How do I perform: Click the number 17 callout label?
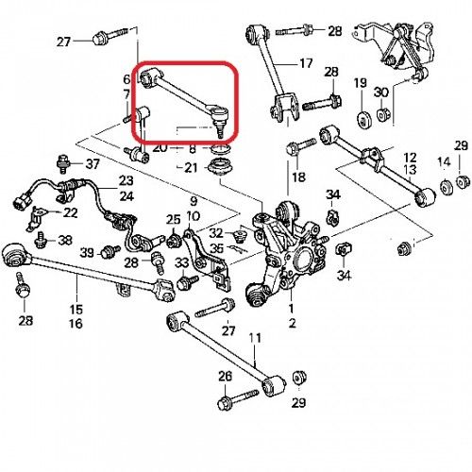tap(305, 64)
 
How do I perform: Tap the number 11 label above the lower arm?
tap(253, 338)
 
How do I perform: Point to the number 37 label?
tap(92, 164)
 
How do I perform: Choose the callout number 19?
tap(361, 85)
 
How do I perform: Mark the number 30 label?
tap(382, 92)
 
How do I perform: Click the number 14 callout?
tap(443, 161)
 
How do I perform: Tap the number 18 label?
tap(299, 177)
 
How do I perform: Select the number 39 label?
tap(87, 252)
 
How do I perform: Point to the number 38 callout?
tap(64, 241)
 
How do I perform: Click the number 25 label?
tap(173, 220)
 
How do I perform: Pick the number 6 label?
tap(128, 79)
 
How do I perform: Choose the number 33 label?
tap(182, 261)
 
